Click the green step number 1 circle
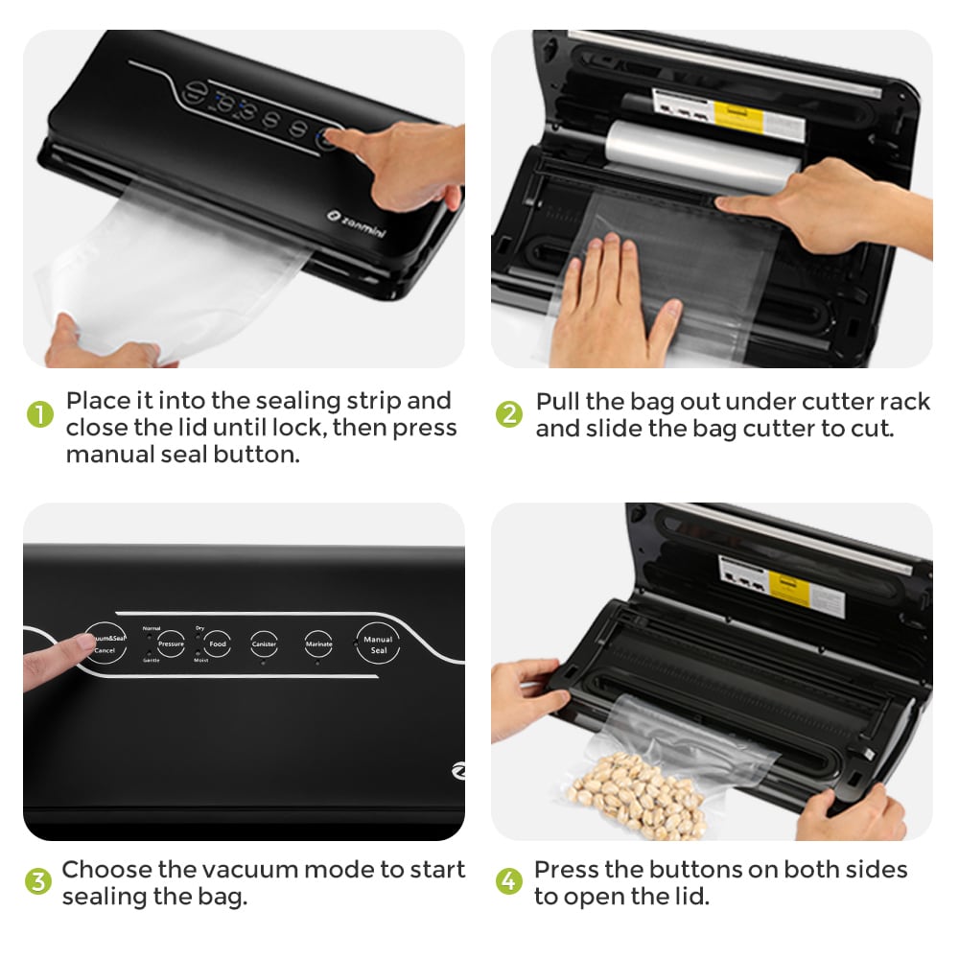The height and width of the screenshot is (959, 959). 39,414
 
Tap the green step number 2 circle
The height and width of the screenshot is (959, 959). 509,414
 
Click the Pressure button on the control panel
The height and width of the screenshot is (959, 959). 171,643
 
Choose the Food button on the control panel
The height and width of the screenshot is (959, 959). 218,643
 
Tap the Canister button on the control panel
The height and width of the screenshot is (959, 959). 264,643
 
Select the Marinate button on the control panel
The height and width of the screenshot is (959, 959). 318,643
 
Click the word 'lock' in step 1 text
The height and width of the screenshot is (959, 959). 293,427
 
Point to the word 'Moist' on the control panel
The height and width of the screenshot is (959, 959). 200,661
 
